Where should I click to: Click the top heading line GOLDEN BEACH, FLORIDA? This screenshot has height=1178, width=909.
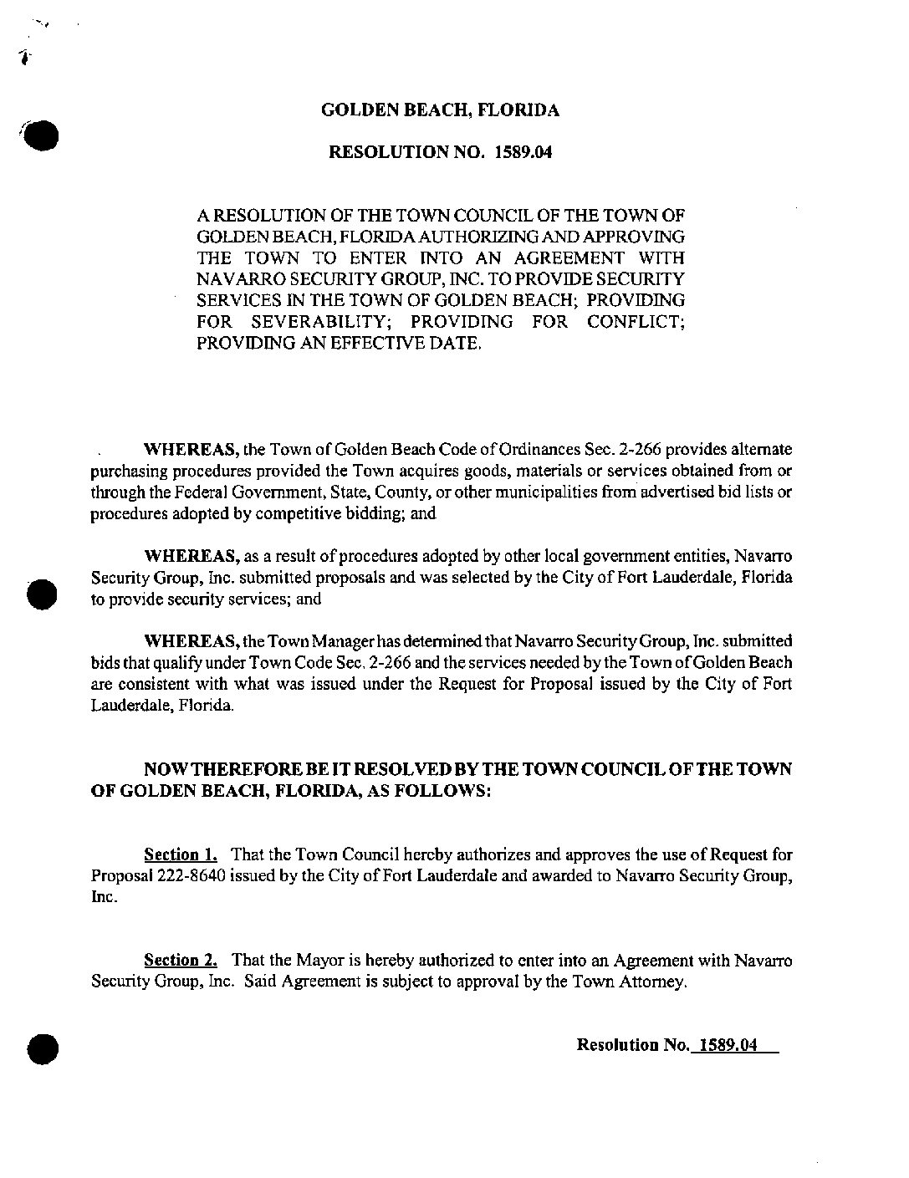(441, 110)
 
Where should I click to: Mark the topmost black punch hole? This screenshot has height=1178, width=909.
(41, 135)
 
